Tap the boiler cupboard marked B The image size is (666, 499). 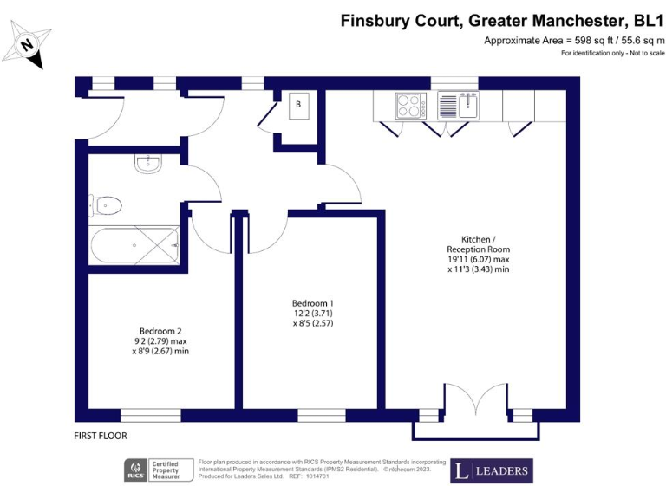tap(298, 105)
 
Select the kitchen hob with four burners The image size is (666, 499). tap(408, 106)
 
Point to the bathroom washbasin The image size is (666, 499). tap(147, 165)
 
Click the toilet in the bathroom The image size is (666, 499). tap(106, 205)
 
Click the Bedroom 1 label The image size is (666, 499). tap(313, 302)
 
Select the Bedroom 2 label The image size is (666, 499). tap(160, 331)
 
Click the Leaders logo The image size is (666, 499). tap(491, 471)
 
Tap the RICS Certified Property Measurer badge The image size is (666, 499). tap(155, 471)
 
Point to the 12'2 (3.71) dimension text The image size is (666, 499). tap(313, 313)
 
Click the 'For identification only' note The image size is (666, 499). tap(612, 54)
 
